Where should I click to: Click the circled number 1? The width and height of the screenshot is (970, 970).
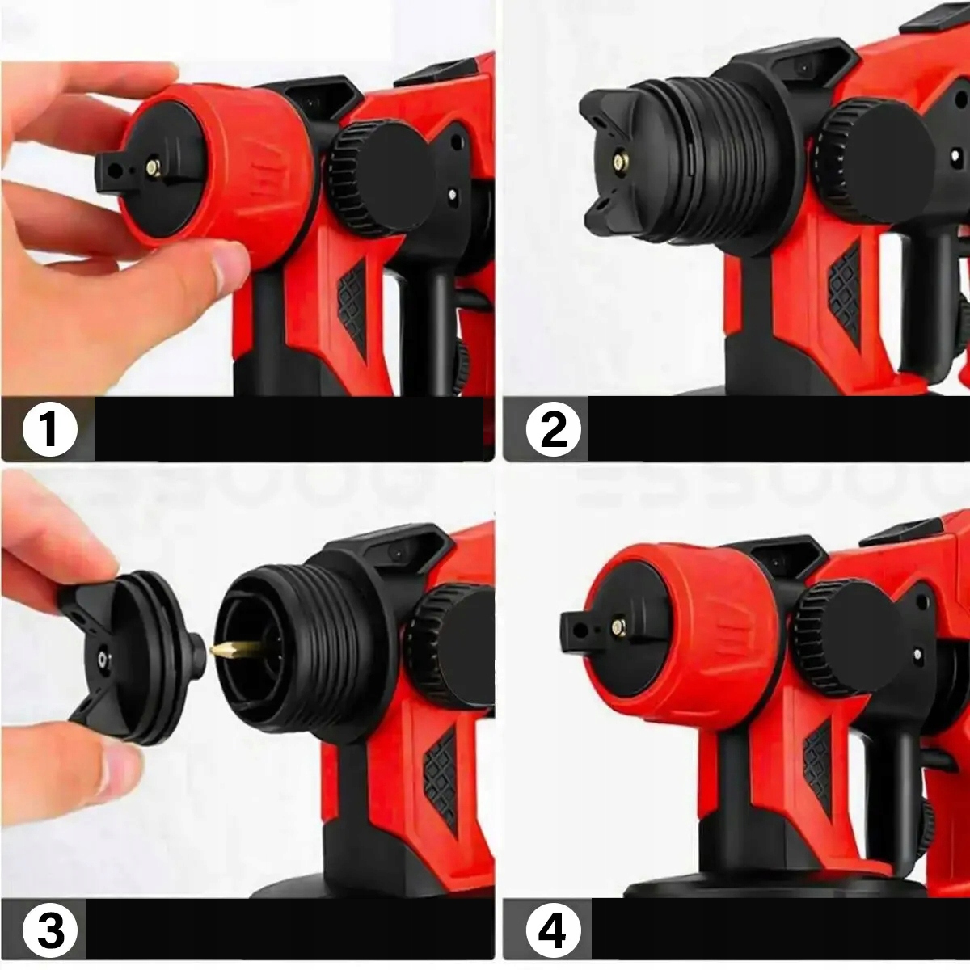50,429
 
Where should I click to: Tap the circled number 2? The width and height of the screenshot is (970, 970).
553,429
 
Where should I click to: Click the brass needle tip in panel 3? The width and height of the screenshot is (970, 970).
213,651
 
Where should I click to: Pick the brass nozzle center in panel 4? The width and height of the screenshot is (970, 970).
618,626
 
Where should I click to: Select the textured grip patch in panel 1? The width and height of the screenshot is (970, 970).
353,308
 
